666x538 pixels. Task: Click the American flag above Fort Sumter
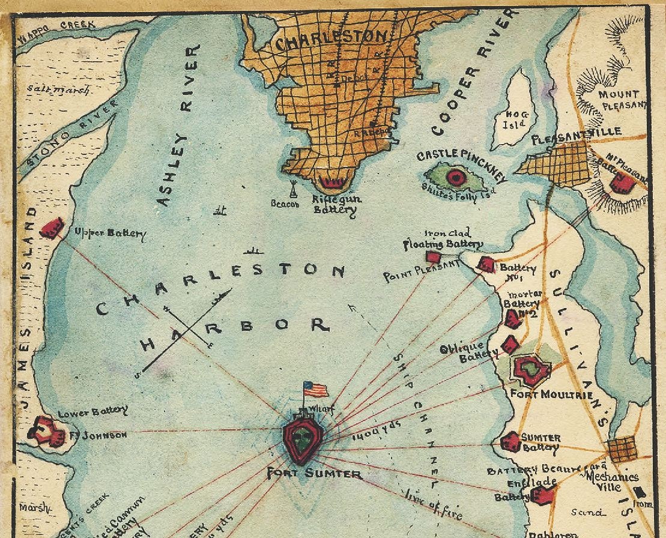point(315,389)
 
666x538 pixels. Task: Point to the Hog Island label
point(515,118)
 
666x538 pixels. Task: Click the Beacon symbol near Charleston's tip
point(292,189)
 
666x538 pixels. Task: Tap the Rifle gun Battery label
point(334,204)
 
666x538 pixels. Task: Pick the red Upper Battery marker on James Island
point(52,228)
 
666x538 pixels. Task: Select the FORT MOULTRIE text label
point(551,395)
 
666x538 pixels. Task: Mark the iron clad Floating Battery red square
point(433,257)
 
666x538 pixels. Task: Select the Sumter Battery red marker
point(510,443)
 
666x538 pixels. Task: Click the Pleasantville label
point(577,135)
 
